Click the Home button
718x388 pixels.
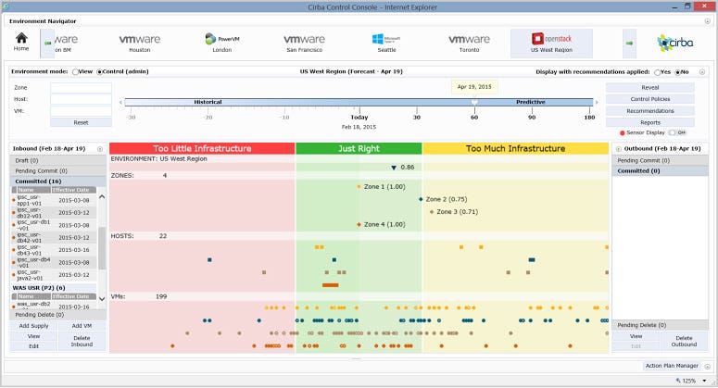(21, 42)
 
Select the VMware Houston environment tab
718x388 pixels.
(139, 44)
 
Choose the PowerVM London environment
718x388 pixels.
(222, 44)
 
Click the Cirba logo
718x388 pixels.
(674, 43)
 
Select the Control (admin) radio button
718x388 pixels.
(100, 70)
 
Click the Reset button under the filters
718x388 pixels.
(81, 122)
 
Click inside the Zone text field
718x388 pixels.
(81, 88)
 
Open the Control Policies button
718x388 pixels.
(650, 99)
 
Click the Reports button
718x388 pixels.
(650, 122)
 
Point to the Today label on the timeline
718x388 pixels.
(359, 118)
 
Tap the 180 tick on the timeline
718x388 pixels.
(589, 118)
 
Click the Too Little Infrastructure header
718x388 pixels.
(202, 148)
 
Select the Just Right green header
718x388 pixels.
(359, 148)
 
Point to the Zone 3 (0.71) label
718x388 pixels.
(457, 212)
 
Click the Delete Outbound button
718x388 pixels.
(684, 341)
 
